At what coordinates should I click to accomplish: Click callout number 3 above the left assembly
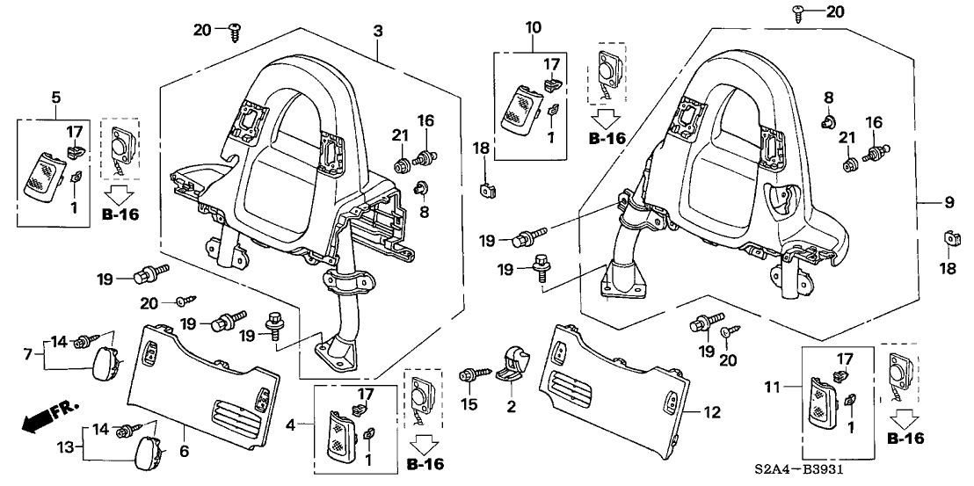click(x=377, y=32)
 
